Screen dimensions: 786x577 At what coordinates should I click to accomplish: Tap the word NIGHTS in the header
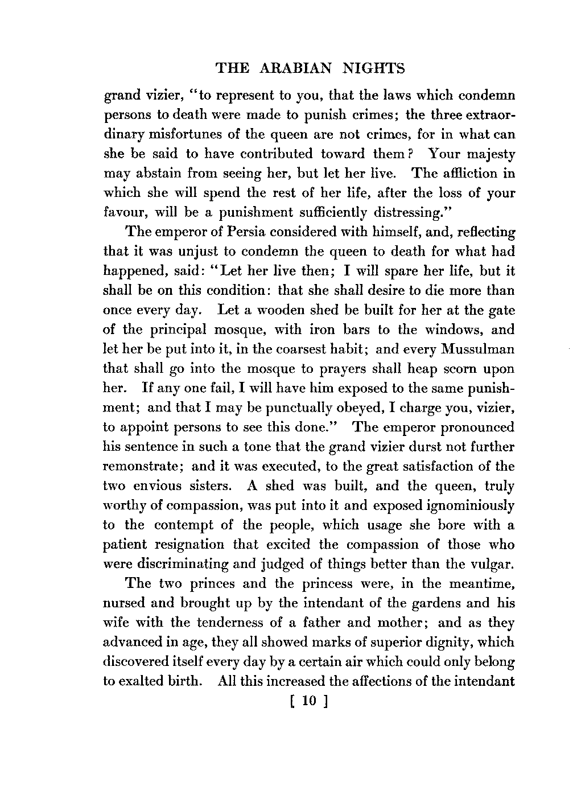coord(374,69)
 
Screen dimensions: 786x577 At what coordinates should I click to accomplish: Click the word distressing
coord(407,212)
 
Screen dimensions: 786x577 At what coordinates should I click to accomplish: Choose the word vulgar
coord(492,564)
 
